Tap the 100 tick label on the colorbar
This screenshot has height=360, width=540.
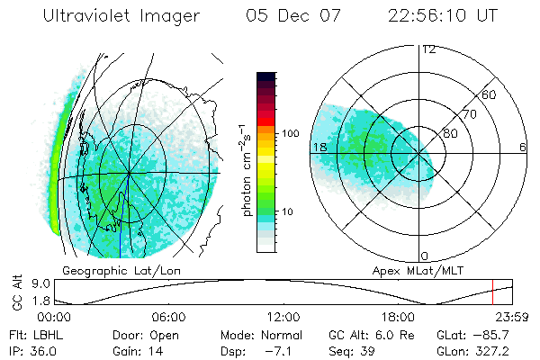coord(289,133)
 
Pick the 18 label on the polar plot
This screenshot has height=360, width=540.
coord(319,147)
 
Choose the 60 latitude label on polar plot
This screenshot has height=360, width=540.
coord(489,94)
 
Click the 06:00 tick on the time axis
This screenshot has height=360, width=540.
coord(168,318)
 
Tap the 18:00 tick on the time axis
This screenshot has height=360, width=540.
coord(398,318)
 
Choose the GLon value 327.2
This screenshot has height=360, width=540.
coord(493,349)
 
